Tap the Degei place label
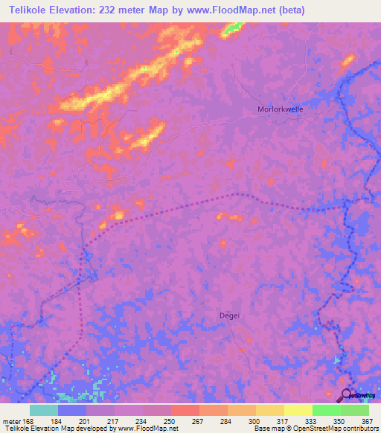pyautogui.click(x=229, y=315)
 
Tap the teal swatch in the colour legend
pyautogui.click(x=44, y=410)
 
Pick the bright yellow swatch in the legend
pyautogui.click(x=298, y=410)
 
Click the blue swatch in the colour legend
pyautogui.click(x=72, y=410)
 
